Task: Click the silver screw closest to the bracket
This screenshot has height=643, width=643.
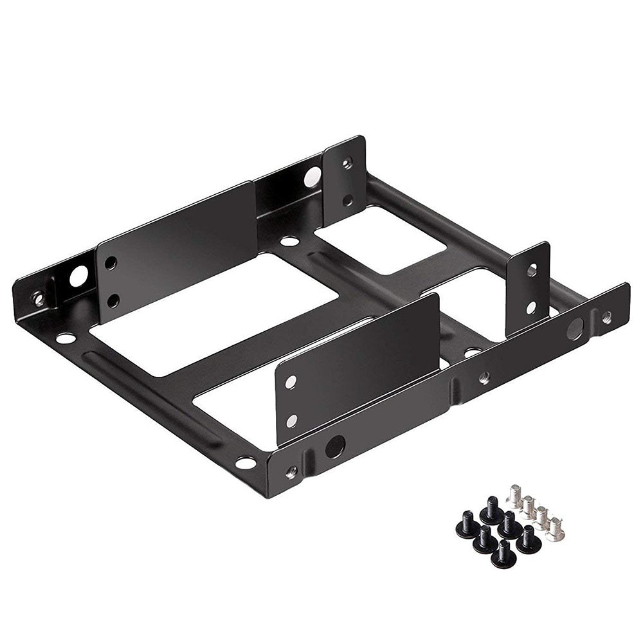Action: pyautogui.click(x=516, y=493)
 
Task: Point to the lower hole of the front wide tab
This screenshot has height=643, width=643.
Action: pyautogui.click(x=291, y=421)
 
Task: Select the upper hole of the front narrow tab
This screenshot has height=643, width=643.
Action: pyautogui.click(x=532, y=271)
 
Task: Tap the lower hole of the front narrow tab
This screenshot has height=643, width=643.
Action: pyautogui.click(x=531, y=307)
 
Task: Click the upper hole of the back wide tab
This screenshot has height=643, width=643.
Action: pyautogui.click(x=111, y=263)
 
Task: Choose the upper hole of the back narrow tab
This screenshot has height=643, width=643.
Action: pyautogui.click(x=347, y=163)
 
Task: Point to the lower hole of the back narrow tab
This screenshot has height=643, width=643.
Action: pyautogui.click(x=347, y=200)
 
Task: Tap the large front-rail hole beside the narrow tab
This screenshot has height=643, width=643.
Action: pyautogui.click(x=574, y=329)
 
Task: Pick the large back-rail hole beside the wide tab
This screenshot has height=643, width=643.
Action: pyautogui.click(x=77, y=276)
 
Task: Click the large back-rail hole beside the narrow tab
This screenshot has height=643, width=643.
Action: pyautogui.click(x=313, y=175)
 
